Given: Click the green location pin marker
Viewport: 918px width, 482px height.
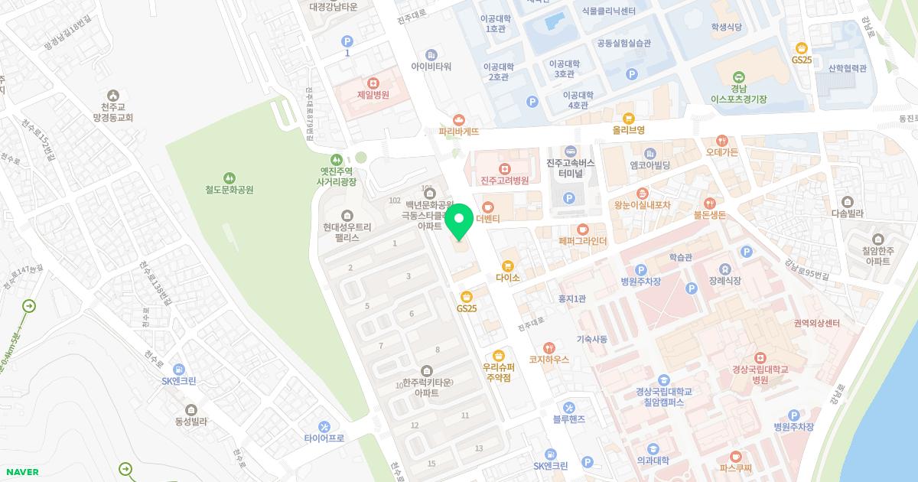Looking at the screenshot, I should [x=459, y=221].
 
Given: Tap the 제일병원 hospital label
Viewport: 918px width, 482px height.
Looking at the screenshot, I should [x=373, y=95].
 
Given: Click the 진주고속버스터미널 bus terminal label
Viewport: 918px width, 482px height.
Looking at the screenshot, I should [x=571, y=168].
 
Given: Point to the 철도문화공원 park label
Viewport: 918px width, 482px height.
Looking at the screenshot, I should [x=229, y=190].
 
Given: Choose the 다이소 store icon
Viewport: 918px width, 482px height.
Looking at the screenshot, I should [x=507, y=265].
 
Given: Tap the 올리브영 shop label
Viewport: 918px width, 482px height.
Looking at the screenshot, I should [x=629, y=130].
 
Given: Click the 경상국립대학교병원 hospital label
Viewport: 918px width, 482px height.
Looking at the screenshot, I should [x=760, y=374].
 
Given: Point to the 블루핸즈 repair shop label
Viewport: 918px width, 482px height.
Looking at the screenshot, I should [x=568, y=418].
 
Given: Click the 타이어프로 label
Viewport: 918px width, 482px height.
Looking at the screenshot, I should [x=324, y=438].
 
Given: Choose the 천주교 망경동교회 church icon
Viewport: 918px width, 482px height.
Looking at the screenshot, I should [x=113, y=96].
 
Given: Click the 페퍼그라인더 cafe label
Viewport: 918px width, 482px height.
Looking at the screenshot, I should [x=582, y=241].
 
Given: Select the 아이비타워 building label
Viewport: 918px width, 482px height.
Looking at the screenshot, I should [x=431, y=67].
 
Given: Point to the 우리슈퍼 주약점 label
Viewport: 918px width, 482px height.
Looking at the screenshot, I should [x=498, y=372].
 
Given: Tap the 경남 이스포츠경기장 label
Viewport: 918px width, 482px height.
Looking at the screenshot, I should [x=738, y=93].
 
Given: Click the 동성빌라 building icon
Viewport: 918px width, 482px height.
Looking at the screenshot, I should [x=190, y=409].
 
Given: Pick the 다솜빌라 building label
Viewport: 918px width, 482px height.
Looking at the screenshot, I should [x=847, y=214].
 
